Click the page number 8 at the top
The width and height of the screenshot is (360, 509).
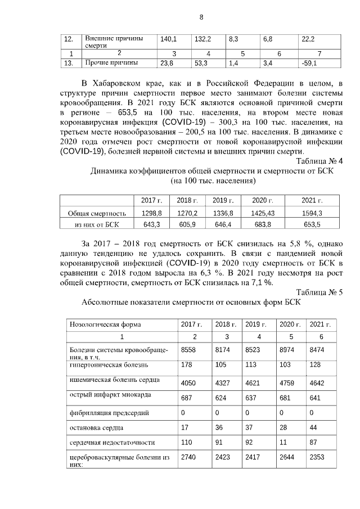[201, 17]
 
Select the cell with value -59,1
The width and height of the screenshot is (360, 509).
[310, 64]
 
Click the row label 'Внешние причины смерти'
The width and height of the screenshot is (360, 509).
[110, 42]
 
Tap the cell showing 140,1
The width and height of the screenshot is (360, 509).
[169, 39]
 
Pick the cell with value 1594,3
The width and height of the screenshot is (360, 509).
[312, 213]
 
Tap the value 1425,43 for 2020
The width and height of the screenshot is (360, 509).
[263, 213]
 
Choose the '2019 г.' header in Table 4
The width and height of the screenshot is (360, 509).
[223, 200]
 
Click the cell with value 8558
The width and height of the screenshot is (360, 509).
[188, 350]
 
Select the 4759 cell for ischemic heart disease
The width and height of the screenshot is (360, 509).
[287, 383]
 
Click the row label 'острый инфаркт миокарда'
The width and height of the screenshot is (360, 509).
[106, 396]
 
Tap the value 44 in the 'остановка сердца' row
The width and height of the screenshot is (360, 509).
[313, 427]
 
